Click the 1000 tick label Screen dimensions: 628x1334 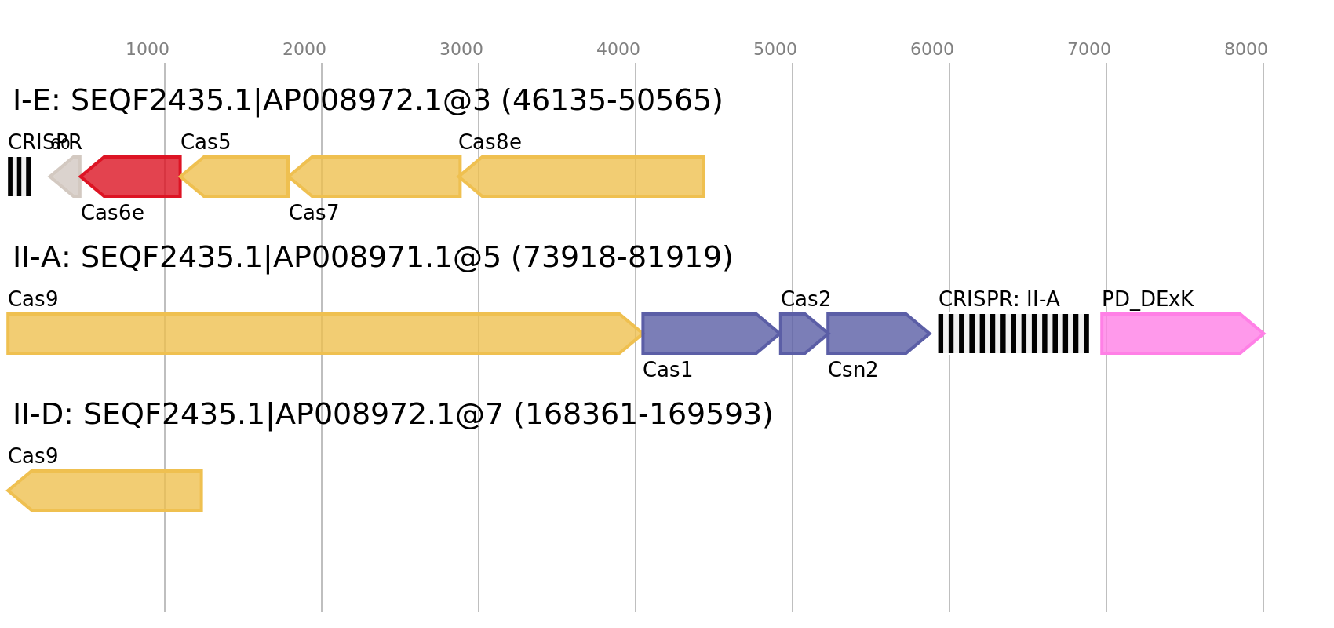pyautogui.click(x=148, y=49)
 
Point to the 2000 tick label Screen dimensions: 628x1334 pyautogui.click(x=304, y=49)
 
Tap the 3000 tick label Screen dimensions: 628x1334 pyautogui.click(x=461, y=49)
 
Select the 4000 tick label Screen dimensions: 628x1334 pyautogui.click(x=618, y=49)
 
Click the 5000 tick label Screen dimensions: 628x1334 pyautogui.click(x=775, y=49)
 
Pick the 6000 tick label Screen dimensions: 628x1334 pyautogui.click(x=932, y=49)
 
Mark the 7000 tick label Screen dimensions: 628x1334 pyautogui.click(x=1089, y=49)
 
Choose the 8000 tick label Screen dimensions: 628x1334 pyautogui.click(x=1246, y=49)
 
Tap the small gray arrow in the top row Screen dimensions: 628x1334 pyautogui.click(x=67, y=177)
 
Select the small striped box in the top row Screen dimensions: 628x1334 pyautogui.click(x=19, y=177)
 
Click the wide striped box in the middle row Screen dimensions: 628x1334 pyautogui.click(x=1013, y=334)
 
